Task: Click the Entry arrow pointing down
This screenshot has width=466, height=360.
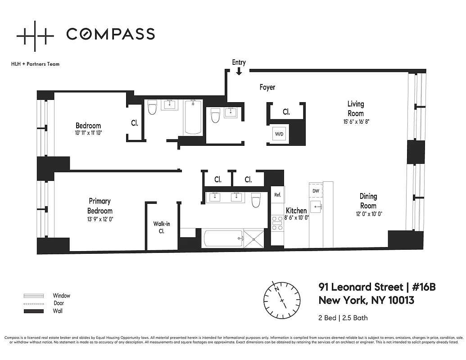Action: (x=239, y=71)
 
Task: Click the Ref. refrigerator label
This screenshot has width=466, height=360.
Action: (x=277, y=194)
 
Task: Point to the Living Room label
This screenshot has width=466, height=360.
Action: (x=355, y=108)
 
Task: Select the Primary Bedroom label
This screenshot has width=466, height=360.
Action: (x=100, y=206)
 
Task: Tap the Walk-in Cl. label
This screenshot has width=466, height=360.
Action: (x=161, y=227)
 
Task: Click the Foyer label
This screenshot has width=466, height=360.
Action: (x=267, y=87)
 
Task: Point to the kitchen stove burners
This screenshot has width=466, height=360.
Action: (x=277, y=223)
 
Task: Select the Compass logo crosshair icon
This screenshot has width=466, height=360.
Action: (x=35, y=34)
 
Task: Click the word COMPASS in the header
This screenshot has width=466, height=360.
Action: (x=111, y=34)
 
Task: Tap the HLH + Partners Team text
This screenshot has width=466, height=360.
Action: (x=35, y=64)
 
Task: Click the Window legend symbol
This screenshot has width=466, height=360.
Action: (x=34, y=296)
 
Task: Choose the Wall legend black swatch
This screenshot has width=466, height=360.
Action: (x=34, y=311)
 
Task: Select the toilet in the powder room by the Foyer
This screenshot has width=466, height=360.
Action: (x=215, y=116)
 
